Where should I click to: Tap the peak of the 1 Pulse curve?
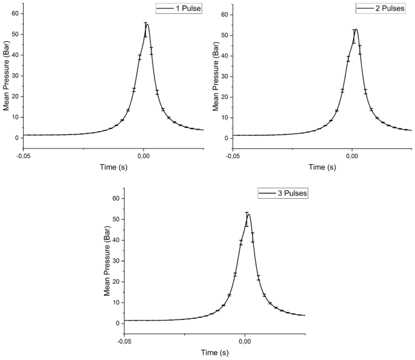(147, 24)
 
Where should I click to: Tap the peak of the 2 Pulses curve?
(356, 29)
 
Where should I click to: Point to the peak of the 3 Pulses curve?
(248, 214)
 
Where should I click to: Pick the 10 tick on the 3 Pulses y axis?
(117, 302)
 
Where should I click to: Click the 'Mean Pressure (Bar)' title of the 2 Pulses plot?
(215, 76)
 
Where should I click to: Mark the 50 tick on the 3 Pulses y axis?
(117, 219)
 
